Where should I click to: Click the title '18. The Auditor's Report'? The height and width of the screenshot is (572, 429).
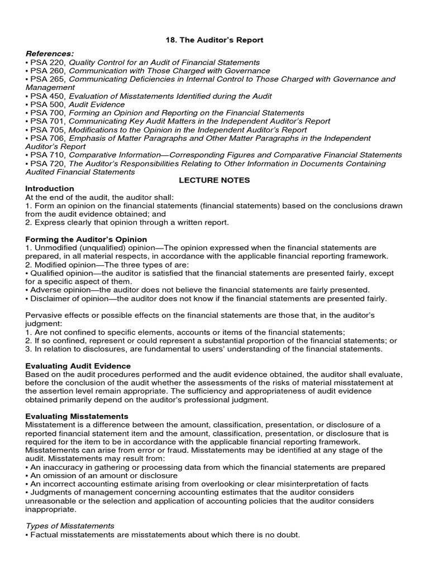214,40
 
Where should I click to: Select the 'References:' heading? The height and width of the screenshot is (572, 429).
49,54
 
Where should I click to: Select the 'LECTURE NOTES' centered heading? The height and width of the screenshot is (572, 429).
214,180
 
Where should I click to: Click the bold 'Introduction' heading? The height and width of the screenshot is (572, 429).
50,189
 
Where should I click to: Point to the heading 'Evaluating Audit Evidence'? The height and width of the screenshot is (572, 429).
78,366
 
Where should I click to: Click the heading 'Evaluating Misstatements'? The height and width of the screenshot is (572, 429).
77,416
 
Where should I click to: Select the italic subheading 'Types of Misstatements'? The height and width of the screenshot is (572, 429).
70,526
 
